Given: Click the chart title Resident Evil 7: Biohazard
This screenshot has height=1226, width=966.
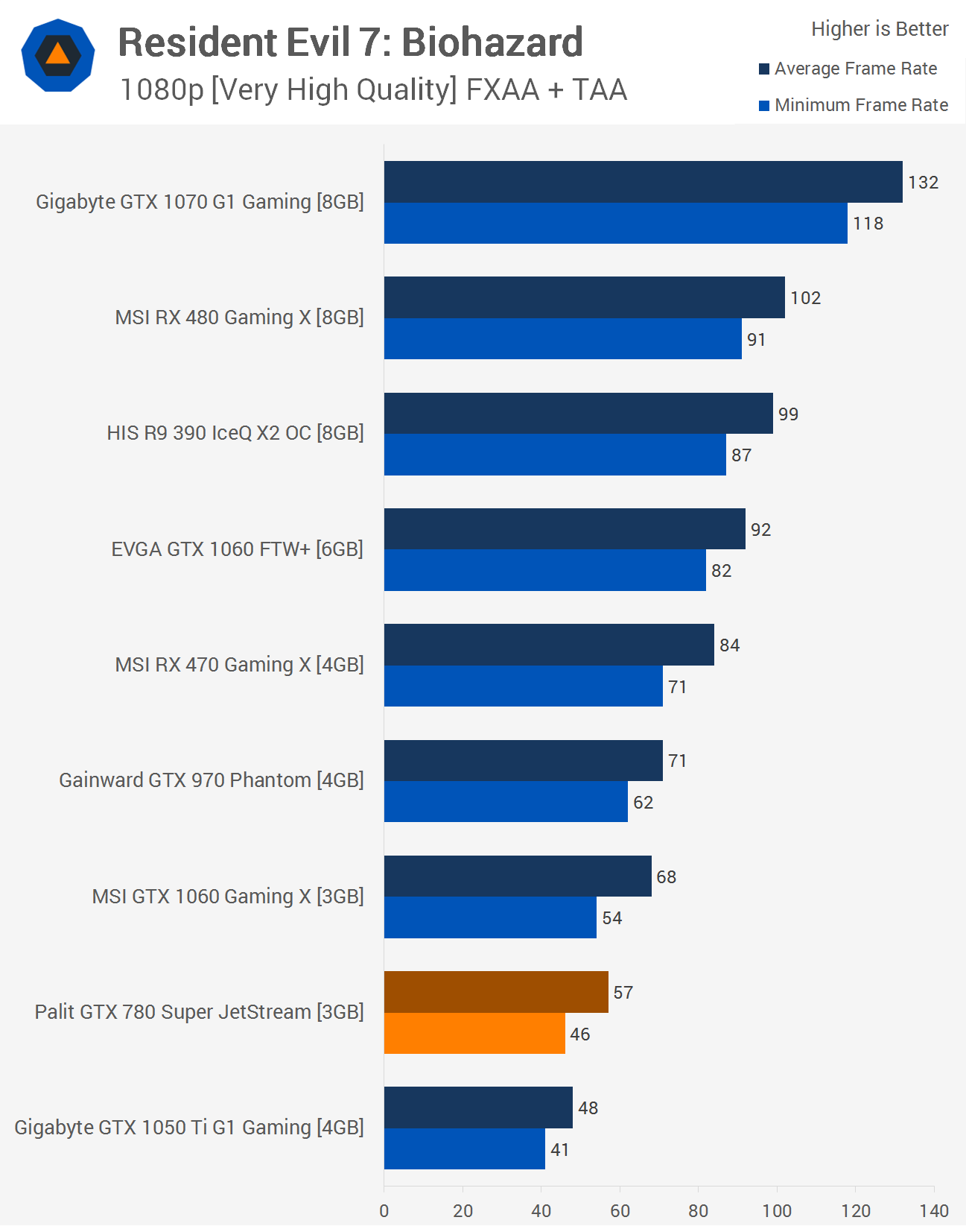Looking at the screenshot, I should [x=350, y=42].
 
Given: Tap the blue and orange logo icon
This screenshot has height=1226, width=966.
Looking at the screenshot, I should [x=58, y=55].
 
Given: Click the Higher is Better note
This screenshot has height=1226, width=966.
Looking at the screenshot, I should [x=880, y=29].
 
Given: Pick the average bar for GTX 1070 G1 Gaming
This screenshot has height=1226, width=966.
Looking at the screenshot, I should [x=643, y=182].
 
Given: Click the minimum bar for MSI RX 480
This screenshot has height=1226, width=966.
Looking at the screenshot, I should [x=562, y=339].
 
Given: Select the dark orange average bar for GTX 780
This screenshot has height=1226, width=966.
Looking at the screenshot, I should [x=496, y=992].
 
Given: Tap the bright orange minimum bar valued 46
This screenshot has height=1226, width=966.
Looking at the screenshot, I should [x=474, y=1034].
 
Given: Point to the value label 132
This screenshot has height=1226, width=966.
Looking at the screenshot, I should [x=923, y=183].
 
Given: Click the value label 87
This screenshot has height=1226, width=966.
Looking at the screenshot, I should [x=741, y=455].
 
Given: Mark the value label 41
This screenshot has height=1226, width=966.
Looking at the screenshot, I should [x=559, y=1150].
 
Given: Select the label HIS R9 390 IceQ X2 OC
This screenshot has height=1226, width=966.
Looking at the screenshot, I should [x=235, y=433].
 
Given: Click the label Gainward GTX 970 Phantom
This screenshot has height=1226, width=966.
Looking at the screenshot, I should [x=212, y=780].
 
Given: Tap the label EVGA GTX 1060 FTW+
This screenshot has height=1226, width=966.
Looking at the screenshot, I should [x=237, y=549].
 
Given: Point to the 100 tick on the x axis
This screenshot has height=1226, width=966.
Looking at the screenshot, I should [x=777, y=1210].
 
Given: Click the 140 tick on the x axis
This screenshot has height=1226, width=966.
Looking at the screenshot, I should [x=934, y=1210].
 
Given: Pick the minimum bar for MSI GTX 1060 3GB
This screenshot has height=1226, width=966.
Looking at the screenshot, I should [x=490, y=917].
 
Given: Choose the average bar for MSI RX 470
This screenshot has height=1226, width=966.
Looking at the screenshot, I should [x=549, y=645].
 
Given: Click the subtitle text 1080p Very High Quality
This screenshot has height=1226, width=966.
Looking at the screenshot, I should [x=373, y=90].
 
